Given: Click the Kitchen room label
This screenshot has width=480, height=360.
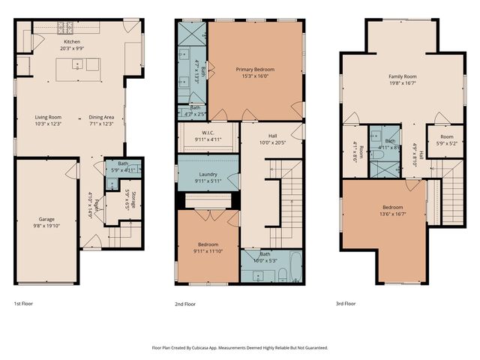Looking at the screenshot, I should (x=72, y=42).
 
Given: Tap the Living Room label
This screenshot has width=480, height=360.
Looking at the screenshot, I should (x=47, y=117).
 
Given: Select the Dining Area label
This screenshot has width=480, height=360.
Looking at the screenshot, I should (x=101, y=117).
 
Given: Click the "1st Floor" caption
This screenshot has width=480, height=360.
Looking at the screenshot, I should (x=23, y=304).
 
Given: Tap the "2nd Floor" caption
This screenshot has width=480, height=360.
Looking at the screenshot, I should (x=184, y=304).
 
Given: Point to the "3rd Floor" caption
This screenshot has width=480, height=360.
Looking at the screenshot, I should (x=346, y=304).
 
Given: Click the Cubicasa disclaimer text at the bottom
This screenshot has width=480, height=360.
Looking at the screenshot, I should (x=240, y=347).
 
